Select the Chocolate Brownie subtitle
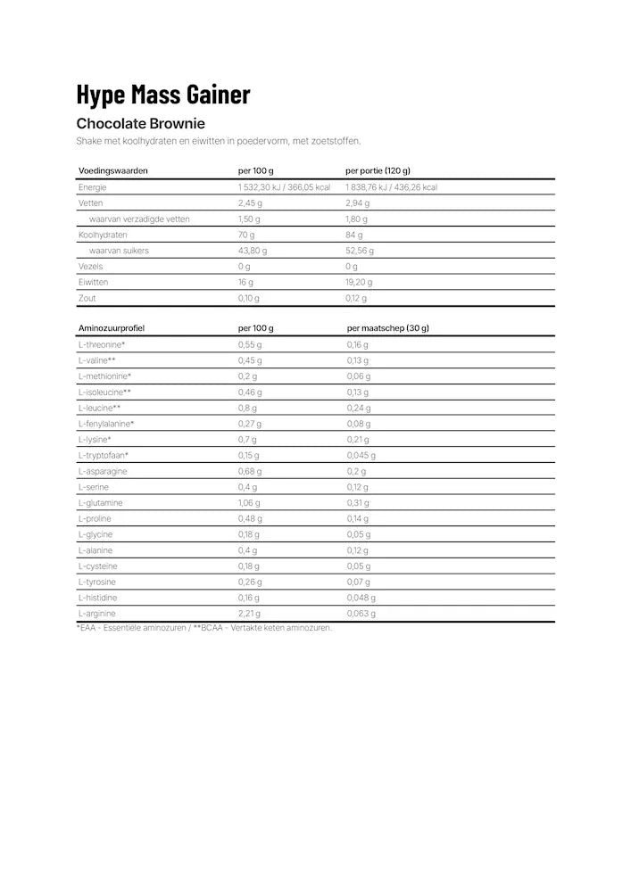[x=141, y=123]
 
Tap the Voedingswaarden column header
[x=113, y=170]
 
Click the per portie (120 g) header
[x=378, y=170]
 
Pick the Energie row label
[x=93, y=187]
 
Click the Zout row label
[x=87, y=298]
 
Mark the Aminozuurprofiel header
[x=112, y=328]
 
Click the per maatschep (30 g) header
[x=388, y=328]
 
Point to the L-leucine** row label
[x=100, y=408]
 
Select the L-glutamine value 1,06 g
[x=250, y=502]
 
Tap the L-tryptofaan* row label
[x=104, y=455]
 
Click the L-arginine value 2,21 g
[x=249, y=613]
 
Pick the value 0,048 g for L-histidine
[x=361, y=598]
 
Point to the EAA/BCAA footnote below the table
[x=204, y=628]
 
